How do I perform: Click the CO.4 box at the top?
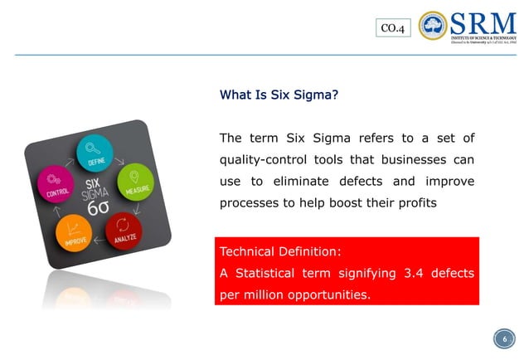[x=392, y=29]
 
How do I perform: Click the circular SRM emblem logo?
[x=433, y=26]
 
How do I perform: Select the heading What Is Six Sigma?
[x=279, y=95]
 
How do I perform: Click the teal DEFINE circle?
[x=95, y=152]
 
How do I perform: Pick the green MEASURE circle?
[x=135, y=182]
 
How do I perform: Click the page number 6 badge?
[x=500, y=338]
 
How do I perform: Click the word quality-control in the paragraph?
[x=267, y=159]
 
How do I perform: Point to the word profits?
[x=417, y=202]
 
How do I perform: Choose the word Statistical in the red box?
[x=277, y=274]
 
